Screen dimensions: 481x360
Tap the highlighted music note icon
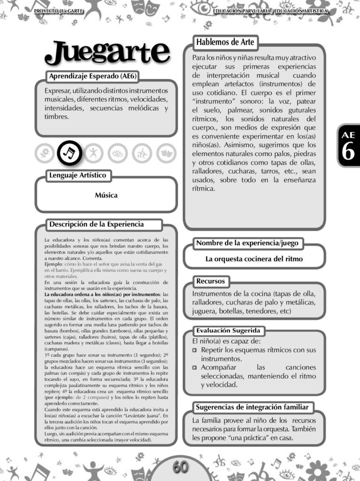tap(69, 152)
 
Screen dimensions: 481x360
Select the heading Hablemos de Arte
tap(225, 42)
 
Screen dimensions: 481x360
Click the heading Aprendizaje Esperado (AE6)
tap(93, 76)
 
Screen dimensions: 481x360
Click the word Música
tap(106, 195)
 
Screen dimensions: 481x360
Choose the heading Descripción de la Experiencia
tap(96, 225)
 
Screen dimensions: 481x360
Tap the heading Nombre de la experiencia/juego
tap(247, 243)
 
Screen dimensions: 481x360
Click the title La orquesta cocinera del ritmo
tap(254, 259)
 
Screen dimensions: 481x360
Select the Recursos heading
tap(211, 281)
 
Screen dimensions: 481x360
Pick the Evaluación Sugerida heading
tap(228, 330)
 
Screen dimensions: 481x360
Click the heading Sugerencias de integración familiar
tap(252, 407)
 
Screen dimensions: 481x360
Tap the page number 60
tap(180, 467)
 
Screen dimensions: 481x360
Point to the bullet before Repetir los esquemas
tap(195, 350)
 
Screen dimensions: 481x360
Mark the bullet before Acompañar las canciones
tap(195, 368)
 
